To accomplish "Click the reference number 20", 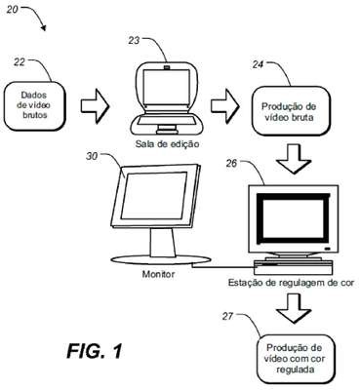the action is [x=13, y=10].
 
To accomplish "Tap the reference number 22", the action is [x=20, y=62].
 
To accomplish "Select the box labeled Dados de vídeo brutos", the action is [x=34, y=105].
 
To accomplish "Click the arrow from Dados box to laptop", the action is [x=96, y=106].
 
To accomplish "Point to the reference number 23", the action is [x=134, y=41].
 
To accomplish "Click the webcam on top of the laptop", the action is [x=167, y=67].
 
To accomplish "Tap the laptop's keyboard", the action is [x=166, y=121].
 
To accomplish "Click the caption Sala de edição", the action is [x=167, y=143].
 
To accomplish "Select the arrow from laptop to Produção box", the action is [x=224, y=106].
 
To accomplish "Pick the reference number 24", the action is [x=258, y=65].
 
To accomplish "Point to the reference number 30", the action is [x=92, y=156].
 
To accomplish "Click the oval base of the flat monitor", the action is [x=159, y=260].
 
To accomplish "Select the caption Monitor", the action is [x=158, y=274].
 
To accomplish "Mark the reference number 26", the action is [x=232, y=163].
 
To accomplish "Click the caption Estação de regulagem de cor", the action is [x=291, y=283].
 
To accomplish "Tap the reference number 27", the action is [x=228, y=316].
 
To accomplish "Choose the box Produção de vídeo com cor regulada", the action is [x=295, y=359].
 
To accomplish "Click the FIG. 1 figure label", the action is [x=95, y=351].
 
